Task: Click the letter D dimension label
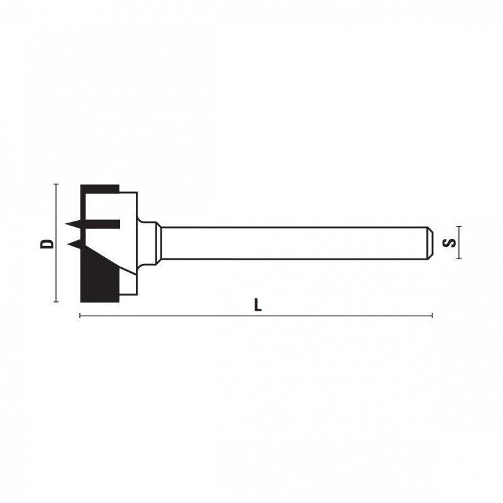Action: point(47,243)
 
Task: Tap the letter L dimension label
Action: point(258,305)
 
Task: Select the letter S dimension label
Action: point(449,243)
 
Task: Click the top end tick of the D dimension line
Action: point(56,184)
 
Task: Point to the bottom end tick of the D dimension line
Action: point(56,302)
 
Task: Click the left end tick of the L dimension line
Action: point(80,316)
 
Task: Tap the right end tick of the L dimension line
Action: point(432,316)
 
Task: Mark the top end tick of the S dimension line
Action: point(459,226)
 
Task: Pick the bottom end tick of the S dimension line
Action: point(459,258)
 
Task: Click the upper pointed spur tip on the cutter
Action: point(65,224)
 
